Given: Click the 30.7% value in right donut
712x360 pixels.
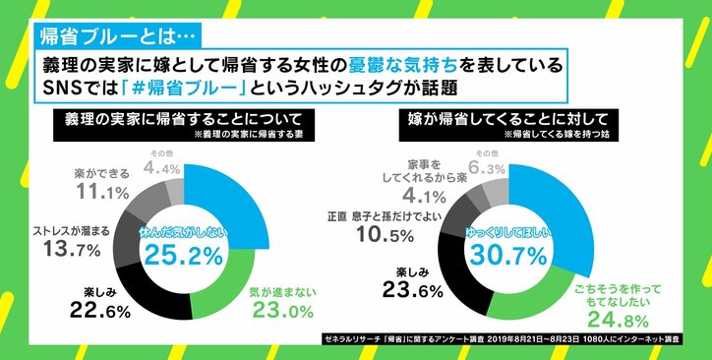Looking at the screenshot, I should click(x=508, y=255).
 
